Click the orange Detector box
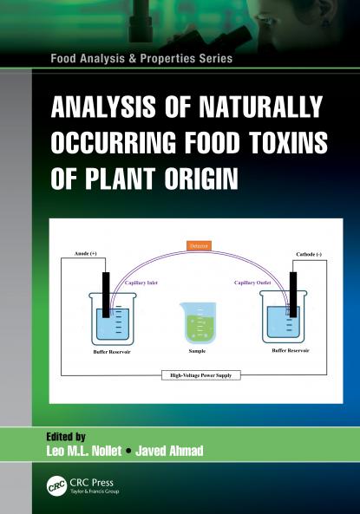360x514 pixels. [x=200, y=246]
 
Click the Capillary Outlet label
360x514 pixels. [x=252, y=282]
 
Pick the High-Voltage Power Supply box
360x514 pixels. [x=200, y=375]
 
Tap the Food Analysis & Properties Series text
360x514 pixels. [x=141, y=59]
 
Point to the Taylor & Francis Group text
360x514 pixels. [x=96, y=491]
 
